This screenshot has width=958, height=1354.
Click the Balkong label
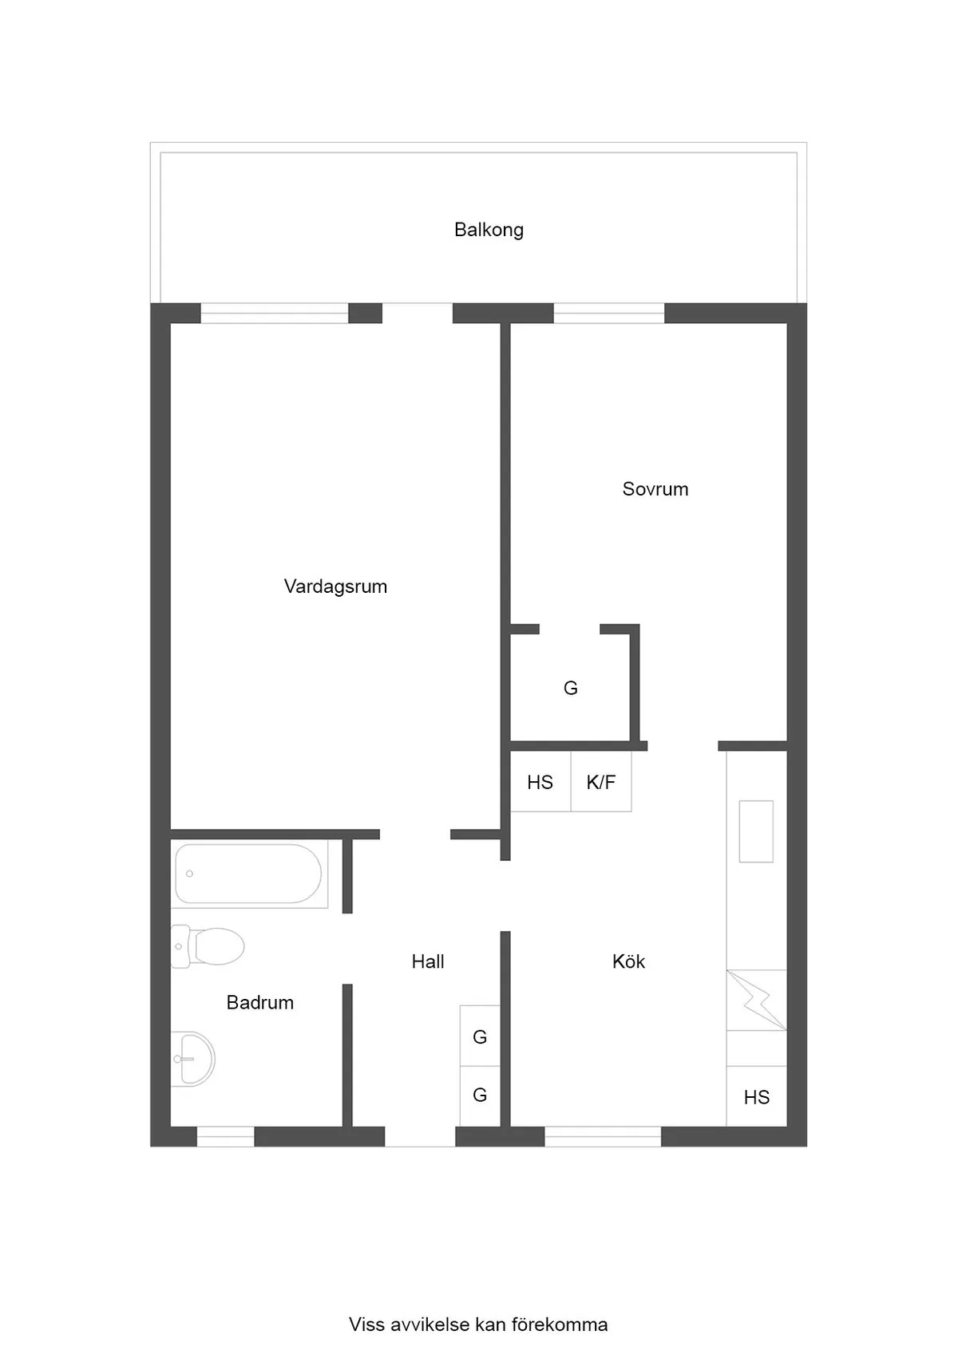489,230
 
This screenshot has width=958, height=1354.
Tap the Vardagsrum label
335,586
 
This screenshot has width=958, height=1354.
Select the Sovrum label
655,489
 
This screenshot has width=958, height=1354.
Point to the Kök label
628,961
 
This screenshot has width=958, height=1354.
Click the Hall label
428,961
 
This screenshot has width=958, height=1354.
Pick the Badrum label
260,1002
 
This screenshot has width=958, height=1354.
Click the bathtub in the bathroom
248,874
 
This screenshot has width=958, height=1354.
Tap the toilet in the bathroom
209,946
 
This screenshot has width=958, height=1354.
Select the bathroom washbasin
193,1059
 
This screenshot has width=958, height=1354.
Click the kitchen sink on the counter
756,831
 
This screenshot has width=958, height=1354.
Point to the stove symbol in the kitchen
756,1000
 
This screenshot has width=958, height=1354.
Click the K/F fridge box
601,782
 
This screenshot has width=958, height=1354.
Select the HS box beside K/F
540,782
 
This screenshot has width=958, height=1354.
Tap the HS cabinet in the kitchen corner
756,1097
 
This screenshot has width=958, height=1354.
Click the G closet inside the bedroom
570,688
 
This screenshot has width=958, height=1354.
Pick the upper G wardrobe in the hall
480,1036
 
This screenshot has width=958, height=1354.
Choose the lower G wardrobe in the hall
480,1095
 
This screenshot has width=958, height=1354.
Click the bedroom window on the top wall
609,314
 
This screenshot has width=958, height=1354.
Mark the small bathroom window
225,1136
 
